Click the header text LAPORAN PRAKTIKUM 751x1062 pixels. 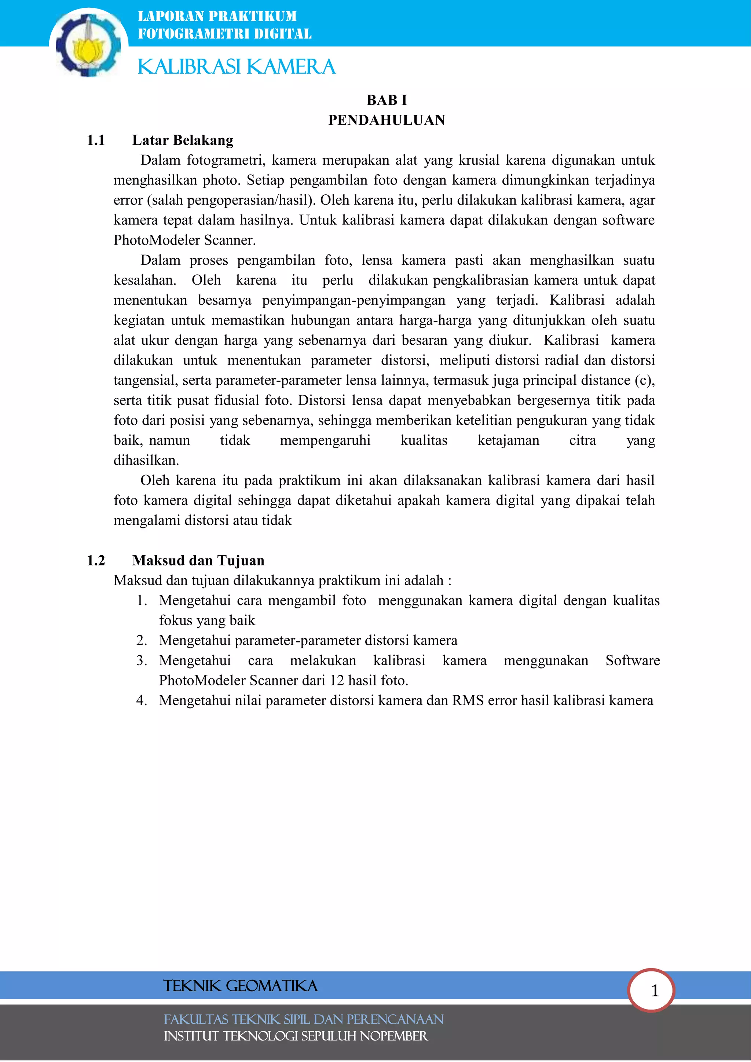[x=217, y=16]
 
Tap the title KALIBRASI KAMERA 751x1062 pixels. [x=236, y=67]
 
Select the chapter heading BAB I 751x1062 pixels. [x=387, y=100]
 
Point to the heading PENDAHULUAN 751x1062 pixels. [x=387, y=120]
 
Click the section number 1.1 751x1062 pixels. [x=96, y=140]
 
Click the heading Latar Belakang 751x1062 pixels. [x=183, y=140]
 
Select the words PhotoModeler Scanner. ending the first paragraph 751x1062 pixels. [x=184, y=240]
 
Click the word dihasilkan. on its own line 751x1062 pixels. [x=146, y=460]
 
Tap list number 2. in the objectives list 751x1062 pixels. [x=142, y=640]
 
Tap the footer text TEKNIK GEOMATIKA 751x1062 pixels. [x=240, y=986]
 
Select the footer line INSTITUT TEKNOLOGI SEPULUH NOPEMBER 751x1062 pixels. [x=296, y=1036]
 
